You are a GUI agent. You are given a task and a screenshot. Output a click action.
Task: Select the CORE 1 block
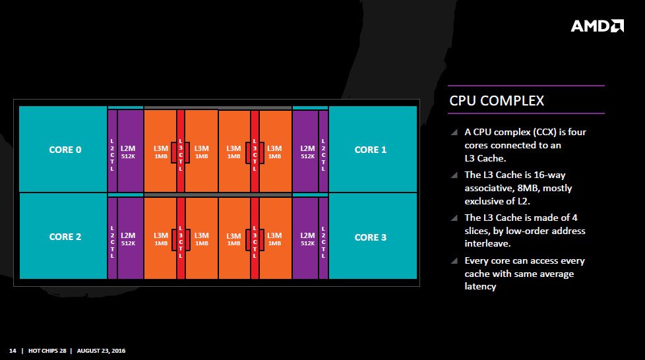(371, 149)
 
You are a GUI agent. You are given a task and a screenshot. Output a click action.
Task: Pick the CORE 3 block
(371, 237)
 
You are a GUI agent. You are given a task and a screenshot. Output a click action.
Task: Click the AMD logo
(597, 26)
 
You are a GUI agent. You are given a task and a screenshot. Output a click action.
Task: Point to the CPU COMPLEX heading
(497, 101)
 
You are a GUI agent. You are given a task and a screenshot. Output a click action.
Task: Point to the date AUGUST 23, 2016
(101, 350)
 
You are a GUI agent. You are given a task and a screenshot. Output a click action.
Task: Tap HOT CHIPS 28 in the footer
(47, 350)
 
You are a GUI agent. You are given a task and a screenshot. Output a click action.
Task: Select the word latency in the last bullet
(480, 286)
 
